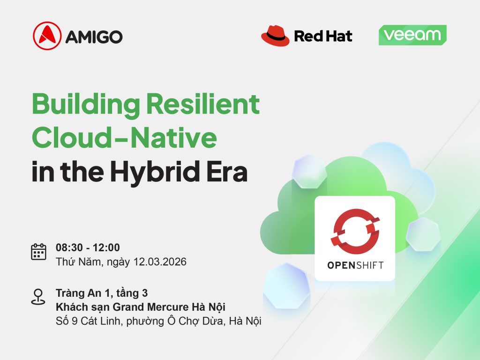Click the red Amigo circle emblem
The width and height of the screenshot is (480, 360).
(47, 36)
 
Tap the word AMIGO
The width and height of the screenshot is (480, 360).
(94, 37)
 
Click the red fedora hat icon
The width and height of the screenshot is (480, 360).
(275, 36)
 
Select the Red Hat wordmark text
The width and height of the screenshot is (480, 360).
(323, 36)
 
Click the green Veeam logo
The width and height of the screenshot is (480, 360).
(412, 35)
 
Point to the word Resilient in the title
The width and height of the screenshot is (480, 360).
(203, 104)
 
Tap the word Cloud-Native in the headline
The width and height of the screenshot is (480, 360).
(124, 137)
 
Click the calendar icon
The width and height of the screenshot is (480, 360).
(38, 252)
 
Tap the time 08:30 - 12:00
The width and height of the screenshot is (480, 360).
(88, 247)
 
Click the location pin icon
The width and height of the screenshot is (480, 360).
(38, 297)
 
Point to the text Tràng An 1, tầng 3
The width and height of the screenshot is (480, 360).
(102, 293)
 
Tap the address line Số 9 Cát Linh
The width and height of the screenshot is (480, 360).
(89, 321)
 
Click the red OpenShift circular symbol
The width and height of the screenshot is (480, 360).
(355, 232)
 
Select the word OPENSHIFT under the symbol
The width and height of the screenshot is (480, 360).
(355, 265)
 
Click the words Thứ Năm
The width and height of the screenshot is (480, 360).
(79, 262)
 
